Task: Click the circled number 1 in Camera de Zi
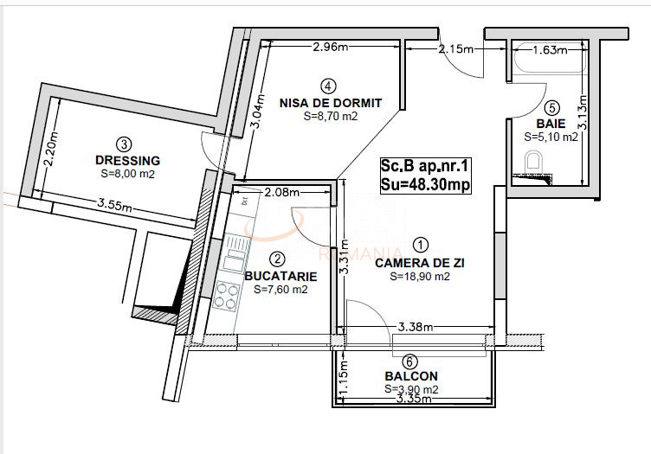point(419,246)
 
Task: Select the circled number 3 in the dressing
point(125,144)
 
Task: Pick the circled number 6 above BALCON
point(409,361)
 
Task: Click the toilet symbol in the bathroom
point(536,163)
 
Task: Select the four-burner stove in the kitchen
point(228,296)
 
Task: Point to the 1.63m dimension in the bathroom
point(550,50)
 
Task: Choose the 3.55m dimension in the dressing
point(114,206)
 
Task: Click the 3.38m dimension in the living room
point(416,326)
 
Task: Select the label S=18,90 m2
point(419,277)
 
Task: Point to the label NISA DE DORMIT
point(330,102)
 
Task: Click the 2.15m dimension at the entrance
point(456,48)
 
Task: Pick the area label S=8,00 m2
point(128,173)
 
